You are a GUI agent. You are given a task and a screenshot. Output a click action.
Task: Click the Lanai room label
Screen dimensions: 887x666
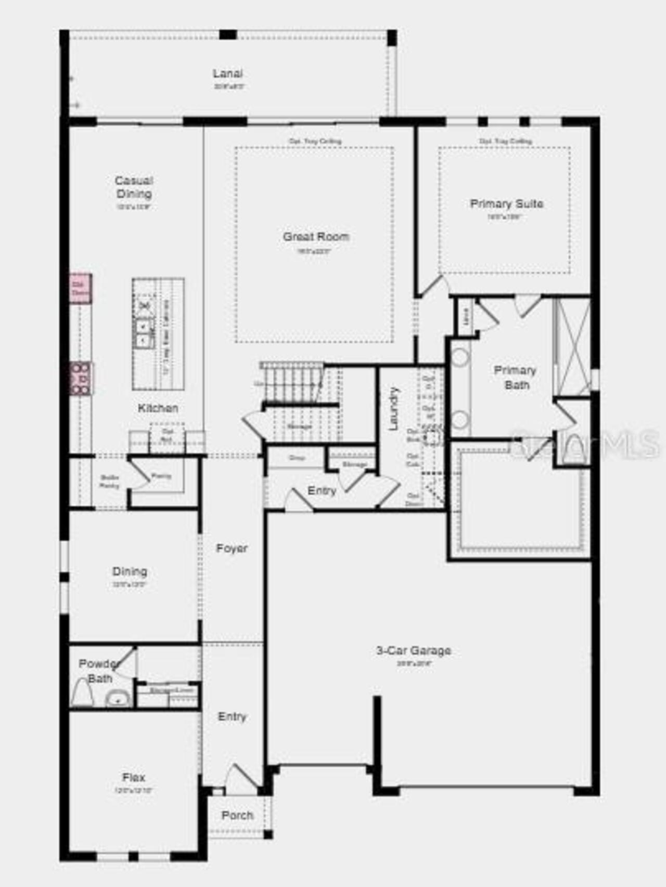[227, 74]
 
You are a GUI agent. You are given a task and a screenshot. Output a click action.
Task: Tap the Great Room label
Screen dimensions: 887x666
[316, 237]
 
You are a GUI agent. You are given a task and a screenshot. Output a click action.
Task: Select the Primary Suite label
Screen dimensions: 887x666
[506, 203]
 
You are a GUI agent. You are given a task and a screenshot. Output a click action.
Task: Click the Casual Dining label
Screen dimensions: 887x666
[134, 187]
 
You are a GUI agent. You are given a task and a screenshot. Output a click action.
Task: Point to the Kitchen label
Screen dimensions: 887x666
[158, 408]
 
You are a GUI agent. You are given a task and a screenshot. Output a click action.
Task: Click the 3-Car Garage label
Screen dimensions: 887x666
[414, 650]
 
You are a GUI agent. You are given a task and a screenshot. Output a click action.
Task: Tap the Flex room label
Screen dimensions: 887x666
[134, 777]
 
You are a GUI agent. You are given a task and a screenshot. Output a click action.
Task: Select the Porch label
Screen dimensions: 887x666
[237, 815]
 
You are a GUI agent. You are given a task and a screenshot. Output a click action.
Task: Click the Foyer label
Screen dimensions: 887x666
[232, 548]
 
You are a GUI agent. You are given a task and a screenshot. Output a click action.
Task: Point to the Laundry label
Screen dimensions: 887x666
[394, 408]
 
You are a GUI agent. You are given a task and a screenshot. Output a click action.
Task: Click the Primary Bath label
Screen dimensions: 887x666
[516, 378]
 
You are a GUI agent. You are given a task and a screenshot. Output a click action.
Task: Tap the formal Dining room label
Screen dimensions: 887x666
[130, 571]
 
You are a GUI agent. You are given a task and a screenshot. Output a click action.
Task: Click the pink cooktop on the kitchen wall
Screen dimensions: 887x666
[81, 378]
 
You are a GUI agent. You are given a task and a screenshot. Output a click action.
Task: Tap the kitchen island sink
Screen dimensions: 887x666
[143, 333]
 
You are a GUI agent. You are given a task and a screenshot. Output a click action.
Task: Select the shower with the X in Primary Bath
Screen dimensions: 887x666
[572, 346]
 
